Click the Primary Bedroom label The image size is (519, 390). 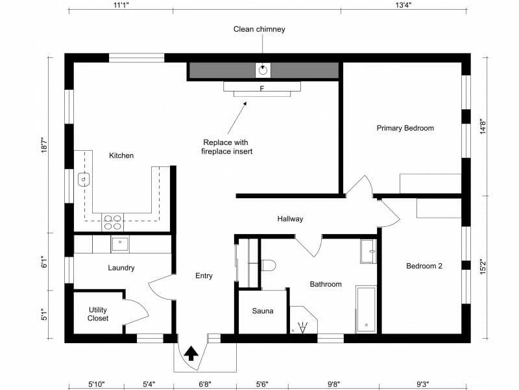(405, 128)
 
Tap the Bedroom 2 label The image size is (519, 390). (424, 266)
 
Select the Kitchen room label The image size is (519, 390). (121, 155)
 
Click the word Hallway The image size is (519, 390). (290, 219)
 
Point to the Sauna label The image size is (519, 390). (263, 311)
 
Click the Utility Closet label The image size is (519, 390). (98, 314)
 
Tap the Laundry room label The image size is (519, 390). (121, 268)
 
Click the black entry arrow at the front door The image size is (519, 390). (191, 353)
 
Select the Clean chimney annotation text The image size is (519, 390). (259, 29)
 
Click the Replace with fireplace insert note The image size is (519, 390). (226, 147)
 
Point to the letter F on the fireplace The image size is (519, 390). (261, 88)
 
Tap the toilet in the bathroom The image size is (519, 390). (267, 265)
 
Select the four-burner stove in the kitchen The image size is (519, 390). (112, 222)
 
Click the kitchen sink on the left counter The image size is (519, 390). (84, 179)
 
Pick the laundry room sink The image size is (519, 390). (120, 244)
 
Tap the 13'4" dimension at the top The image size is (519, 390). (403, 5)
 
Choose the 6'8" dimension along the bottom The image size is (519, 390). (204, 384)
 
